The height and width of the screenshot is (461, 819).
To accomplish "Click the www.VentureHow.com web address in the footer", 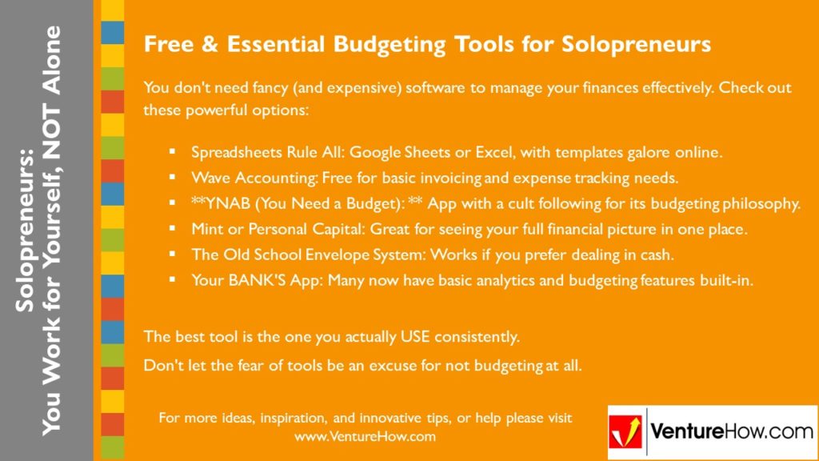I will [x=365, y=436].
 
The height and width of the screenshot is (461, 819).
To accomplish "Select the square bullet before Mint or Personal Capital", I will [x=172, y=229].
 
